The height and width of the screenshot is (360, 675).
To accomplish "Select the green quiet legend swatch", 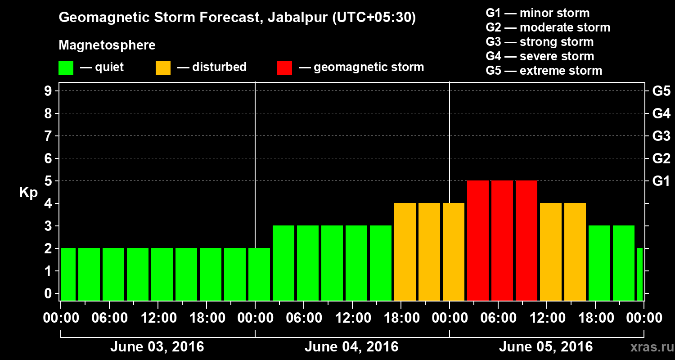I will pyautogui.click(x=66, y=68).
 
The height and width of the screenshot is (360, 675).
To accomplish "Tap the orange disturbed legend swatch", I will pyautogui.click(x=163, y=68).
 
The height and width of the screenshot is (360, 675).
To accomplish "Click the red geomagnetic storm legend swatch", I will pyautogui.click(x=284, y=68).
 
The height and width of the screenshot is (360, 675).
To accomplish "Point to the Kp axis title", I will pyautogui.click(x=28, y=193).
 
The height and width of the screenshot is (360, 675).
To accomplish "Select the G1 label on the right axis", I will pyautogui.click(x=661, y=181).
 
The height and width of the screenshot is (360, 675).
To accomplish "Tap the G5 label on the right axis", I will pyautogui.click(x=661, y=91).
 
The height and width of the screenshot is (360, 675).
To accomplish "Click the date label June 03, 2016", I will pyautogui.click(x=157, y=347).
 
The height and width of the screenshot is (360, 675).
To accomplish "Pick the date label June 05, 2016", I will pyautogui.click(x=546, y=347).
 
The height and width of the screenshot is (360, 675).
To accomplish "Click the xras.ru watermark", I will pyautogui.click(x=649, y=347).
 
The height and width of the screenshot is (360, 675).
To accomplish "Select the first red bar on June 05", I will pyautogui.click(x=478, y=240).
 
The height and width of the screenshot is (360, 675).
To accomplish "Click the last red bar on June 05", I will pyautogui.click(x=526, y=240).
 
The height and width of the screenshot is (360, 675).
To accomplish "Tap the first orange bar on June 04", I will pyautogui.click(x=405, y=252).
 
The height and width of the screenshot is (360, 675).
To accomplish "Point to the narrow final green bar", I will pyautogui.click(x=640, y=274).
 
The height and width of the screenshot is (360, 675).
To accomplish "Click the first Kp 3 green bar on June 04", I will pyautogui.click(x=283, y=263).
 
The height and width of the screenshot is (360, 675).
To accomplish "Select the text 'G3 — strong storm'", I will pyautogui.click(x=540, y=42).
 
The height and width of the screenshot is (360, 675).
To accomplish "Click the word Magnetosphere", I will pyautogui.click(x=107, y=45).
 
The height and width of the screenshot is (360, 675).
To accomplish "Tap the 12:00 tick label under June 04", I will pyautogui.click(x=353, y=318).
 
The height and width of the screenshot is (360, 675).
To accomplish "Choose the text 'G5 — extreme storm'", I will pyautogui.click(x=544, y=71).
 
